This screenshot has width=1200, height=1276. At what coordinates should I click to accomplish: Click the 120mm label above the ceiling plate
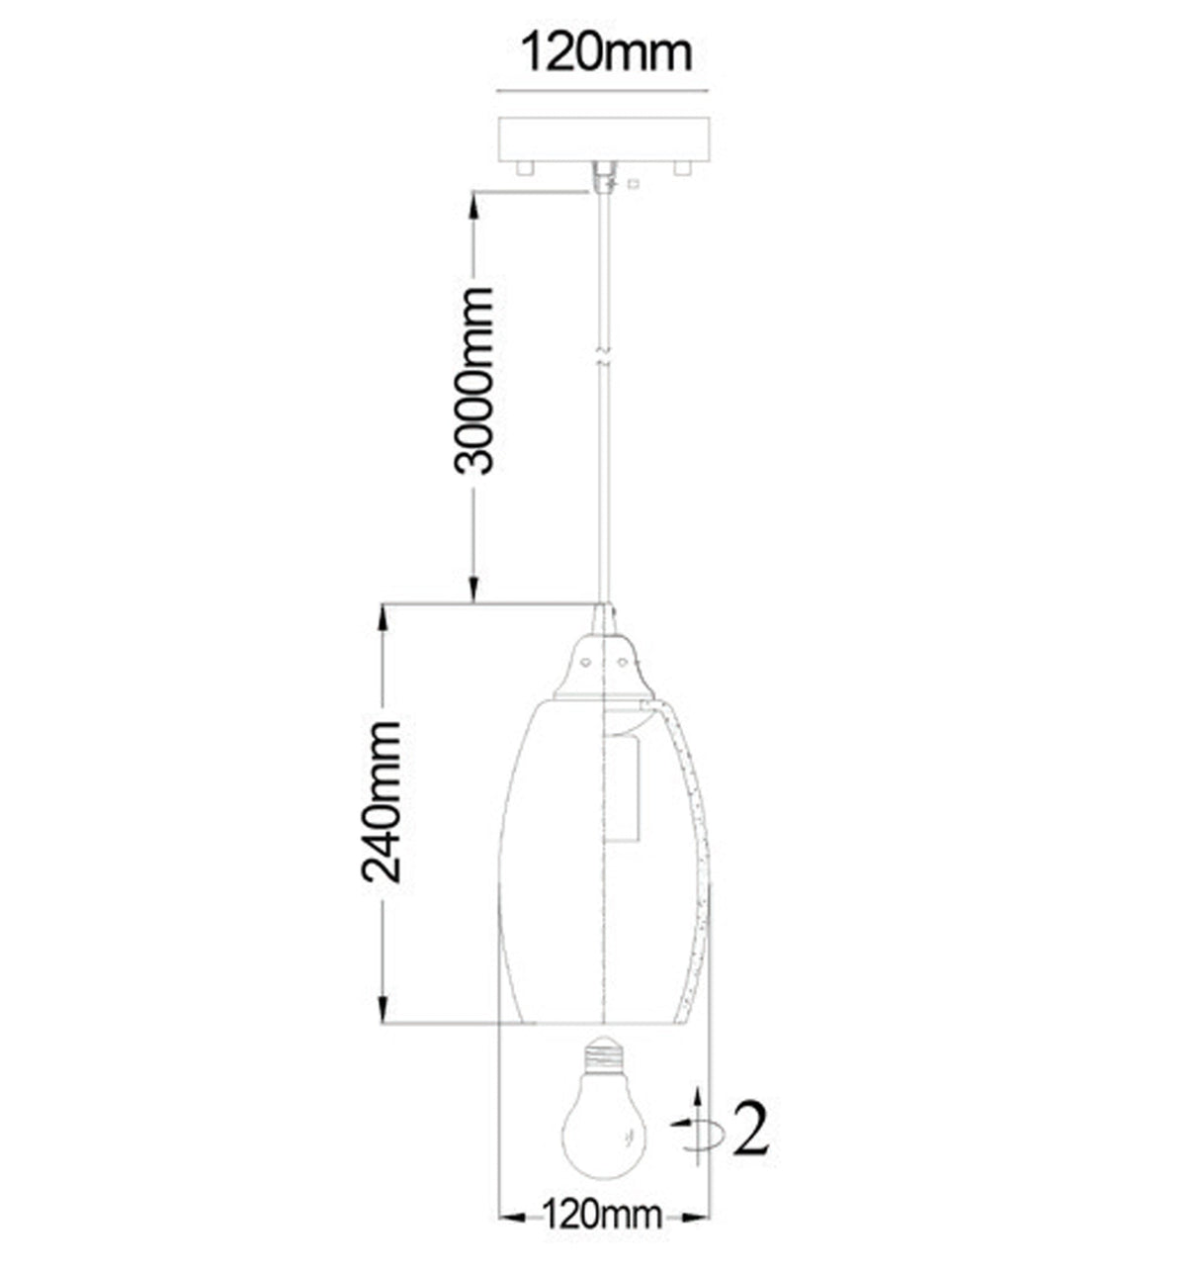[607, 53]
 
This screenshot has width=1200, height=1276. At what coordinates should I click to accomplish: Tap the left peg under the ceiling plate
[525, 168]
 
